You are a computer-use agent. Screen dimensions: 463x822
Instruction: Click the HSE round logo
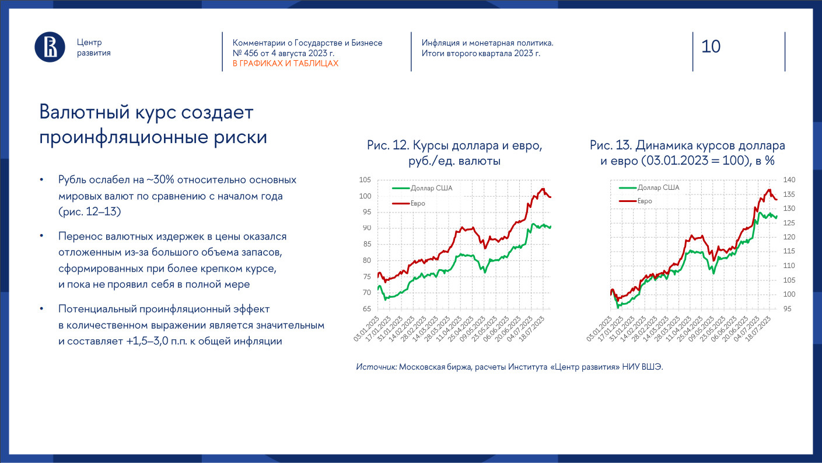(x=50, y=47)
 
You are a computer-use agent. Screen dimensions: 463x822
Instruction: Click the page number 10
(x=711, y=46)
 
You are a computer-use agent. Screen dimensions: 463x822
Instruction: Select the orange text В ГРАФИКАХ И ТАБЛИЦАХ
(x=285, y=63)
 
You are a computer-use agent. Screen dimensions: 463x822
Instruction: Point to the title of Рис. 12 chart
(x=459, y=153)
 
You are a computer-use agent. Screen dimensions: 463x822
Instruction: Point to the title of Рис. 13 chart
(x=687, y=153)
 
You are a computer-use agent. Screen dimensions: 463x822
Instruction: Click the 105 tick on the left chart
(x=365, y=180)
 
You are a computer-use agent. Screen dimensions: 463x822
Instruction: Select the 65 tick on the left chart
(x=367, y=309)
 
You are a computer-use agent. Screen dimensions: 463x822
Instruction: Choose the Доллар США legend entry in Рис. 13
(x=657, y=188)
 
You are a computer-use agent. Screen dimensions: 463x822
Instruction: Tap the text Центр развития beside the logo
(x=93, y=47)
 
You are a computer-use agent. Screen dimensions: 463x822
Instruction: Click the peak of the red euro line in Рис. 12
(x=543, y=189)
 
